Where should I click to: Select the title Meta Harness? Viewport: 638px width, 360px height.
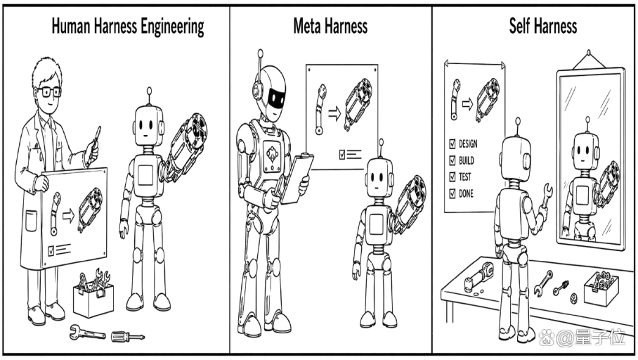[330, 26]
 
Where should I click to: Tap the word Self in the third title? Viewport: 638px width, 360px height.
[519, 25]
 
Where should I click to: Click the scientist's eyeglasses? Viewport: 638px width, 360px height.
[50, 91]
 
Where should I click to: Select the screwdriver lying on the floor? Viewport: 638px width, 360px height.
[128, 336]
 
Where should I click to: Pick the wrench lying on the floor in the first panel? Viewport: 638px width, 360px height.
[87, 333]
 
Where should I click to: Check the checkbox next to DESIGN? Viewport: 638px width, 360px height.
[452, 143]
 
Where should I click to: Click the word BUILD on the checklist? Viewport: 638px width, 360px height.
[467, 160]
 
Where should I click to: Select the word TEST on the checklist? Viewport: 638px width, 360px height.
[465, 176]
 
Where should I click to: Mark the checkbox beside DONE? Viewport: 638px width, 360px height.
[452, 193]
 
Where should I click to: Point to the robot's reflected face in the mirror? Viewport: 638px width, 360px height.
[585, 150]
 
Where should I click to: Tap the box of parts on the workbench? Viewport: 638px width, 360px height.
[601, 288]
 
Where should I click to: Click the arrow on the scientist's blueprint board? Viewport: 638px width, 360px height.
[68, 215]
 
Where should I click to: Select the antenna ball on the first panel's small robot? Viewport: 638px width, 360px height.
[150, 91]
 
